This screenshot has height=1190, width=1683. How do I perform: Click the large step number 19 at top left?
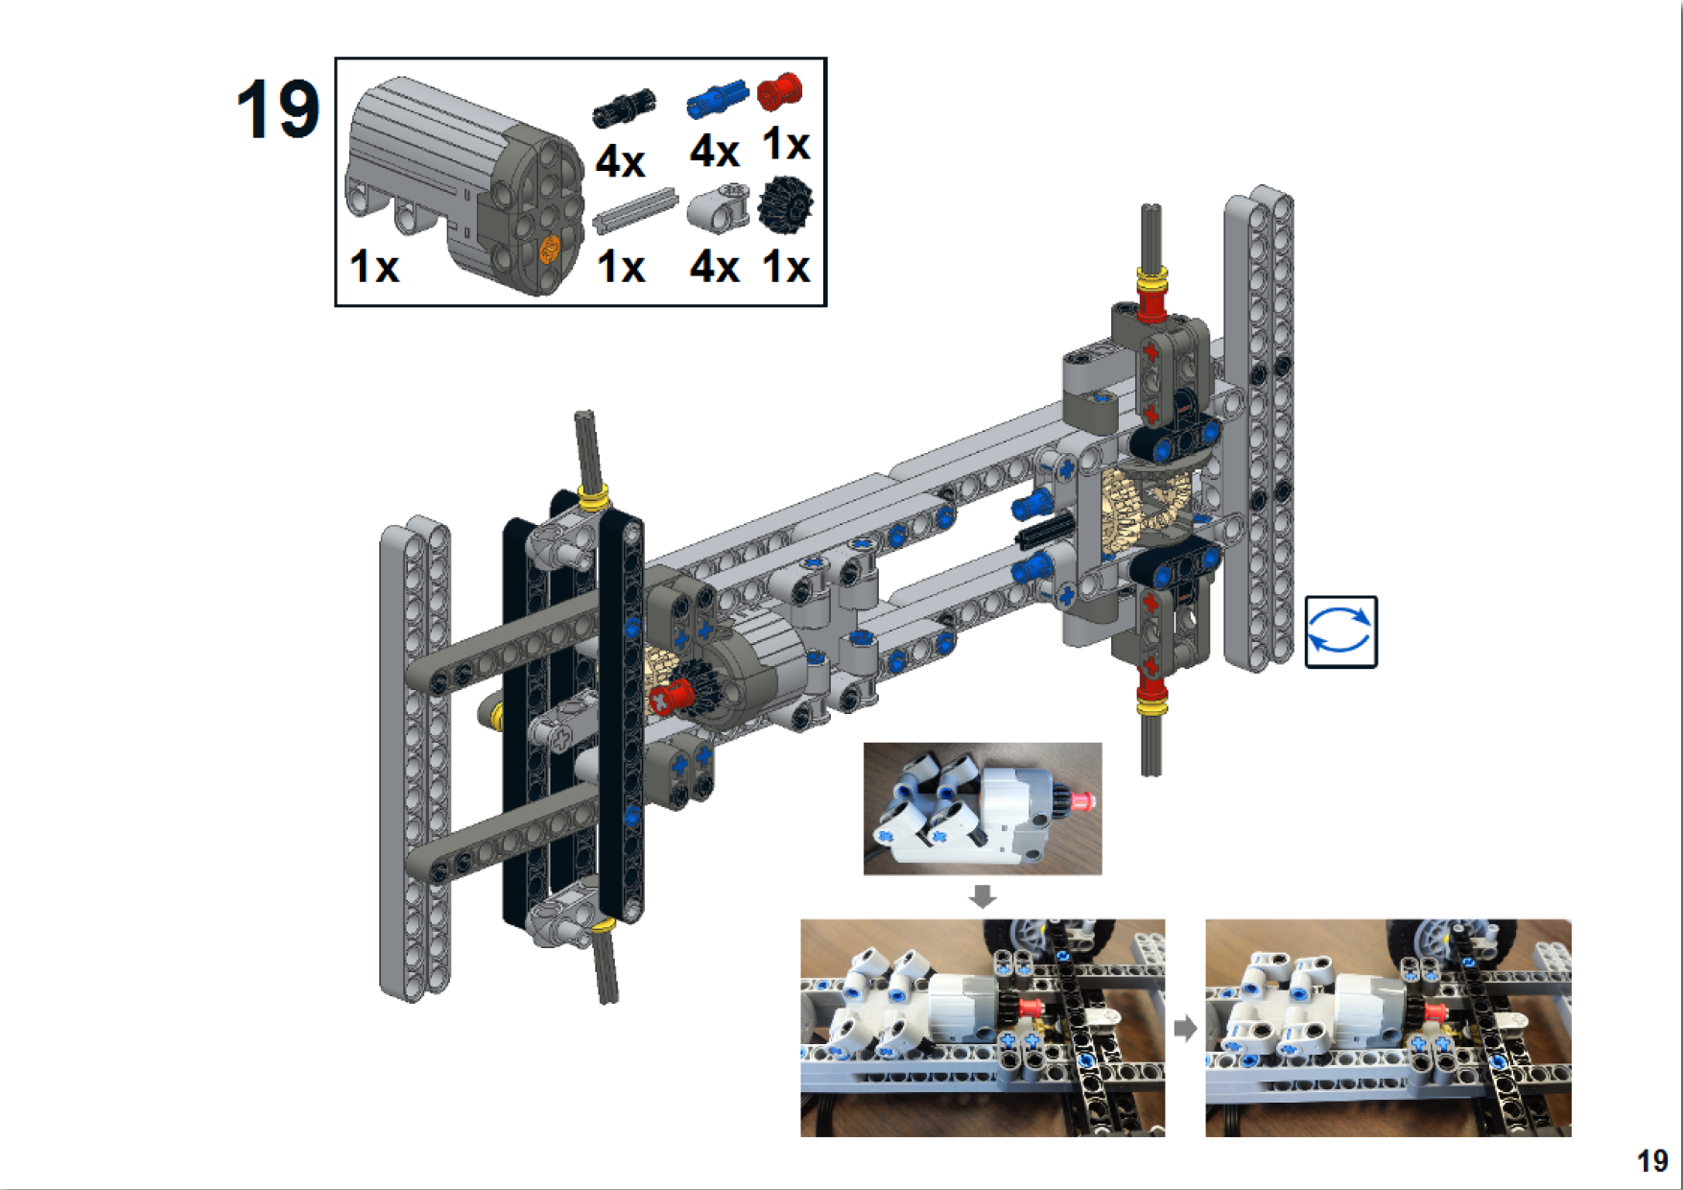(277, 109)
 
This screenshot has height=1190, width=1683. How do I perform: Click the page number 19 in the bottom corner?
(1651, 1161)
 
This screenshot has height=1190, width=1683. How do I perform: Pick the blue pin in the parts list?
(717, 99)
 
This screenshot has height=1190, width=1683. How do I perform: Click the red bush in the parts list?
(779, 91)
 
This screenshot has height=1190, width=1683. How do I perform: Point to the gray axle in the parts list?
(633, 210)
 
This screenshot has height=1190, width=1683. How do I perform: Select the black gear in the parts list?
(785, 204)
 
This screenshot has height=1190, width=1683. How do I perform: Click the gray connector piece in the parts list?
(718, 207)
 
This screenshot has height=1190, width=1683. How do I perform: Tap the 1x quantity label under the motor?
(373, 266)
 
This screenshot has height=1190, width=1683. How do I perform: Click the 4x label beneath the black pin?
(620, 161)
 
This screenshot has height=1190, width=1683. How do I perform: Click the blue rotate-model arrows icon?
(1340, 631)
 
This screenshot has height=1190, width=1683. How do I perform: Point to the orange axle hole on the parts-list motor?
(549, 250)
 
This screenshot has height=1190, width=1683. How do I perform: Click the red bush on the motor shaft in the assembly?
(671, 697)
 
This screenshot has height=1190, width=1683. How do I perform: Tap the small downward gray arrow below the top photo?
(982, 896)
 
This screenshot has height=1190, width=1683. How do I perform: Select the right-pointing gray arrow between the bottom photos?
(1185, 1028)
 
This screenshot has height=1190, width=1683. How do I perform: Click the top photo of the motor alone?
(982, 808)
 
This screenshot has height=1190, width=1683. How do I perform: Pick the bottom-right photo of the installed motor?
(1387, 1027)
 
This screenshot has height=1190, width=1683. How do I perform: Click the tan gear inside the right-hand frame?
(1147, 504)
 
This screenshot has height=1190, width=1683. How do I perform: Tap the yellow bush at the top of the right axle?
(1151, 277)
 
